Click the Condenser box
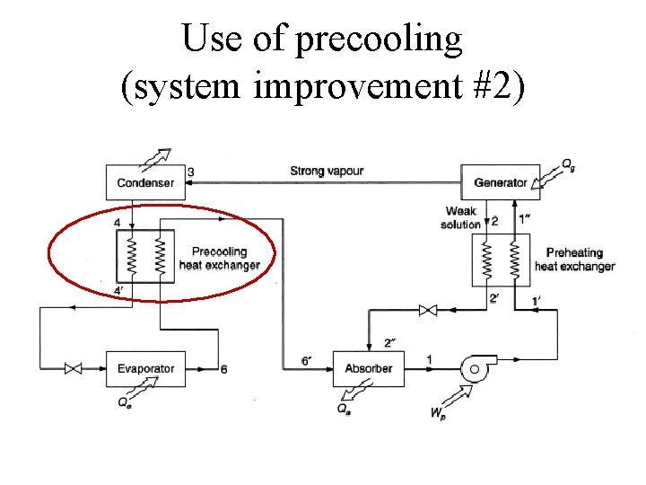(x=144, y=182)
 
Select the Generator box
(x=500, y=182)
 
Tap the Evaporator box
(x=144, y=368)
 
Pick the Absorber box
(x=368, y=368)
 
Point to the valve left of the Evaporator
(x=74, y=368)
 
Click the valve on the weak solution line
(x=427, y=311)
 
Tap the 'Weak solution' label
(x=460, y=218)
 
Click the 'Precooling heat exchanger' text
(x=219, y=259)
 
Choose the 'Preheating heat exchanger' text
(x=574, y=259)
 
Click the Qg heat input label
(x=569, y=164)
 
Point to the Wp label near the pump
(x=438, y=413)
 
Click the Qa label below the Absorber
(x=344, y=409)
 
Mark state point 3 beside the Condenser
(x=190, y=172)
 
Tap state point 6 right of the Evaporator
(x=223, y=369)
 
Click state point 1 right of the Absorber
(x=429, y=360)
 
